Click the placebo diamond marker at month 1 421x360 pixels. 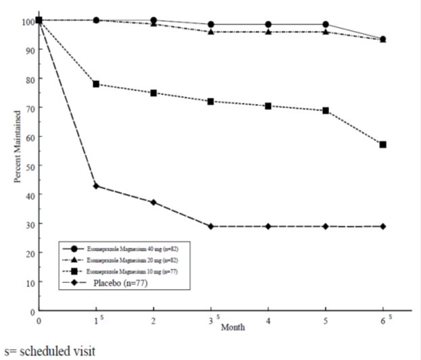pos(97,186)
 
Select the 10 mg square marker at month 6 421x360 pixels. pos(383,145)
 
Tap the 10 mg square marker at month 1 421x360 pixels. pos(97,84)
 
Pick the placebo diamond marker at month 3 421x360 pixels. pos(212,226)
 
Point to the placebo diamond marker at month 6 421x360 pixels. pos(383,226)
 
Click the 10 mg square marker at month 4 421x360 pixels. pos(269,106)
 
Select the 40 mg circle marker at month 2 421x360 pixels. pos(154,20)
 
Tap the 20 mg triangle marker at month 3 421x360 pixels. pos(212,32)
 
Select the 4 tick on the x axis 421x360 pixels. pos(269,321)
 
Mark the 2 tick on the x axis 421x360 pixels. pos(154,321)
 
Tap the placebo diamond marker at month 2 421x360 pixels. pos(154,203)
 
